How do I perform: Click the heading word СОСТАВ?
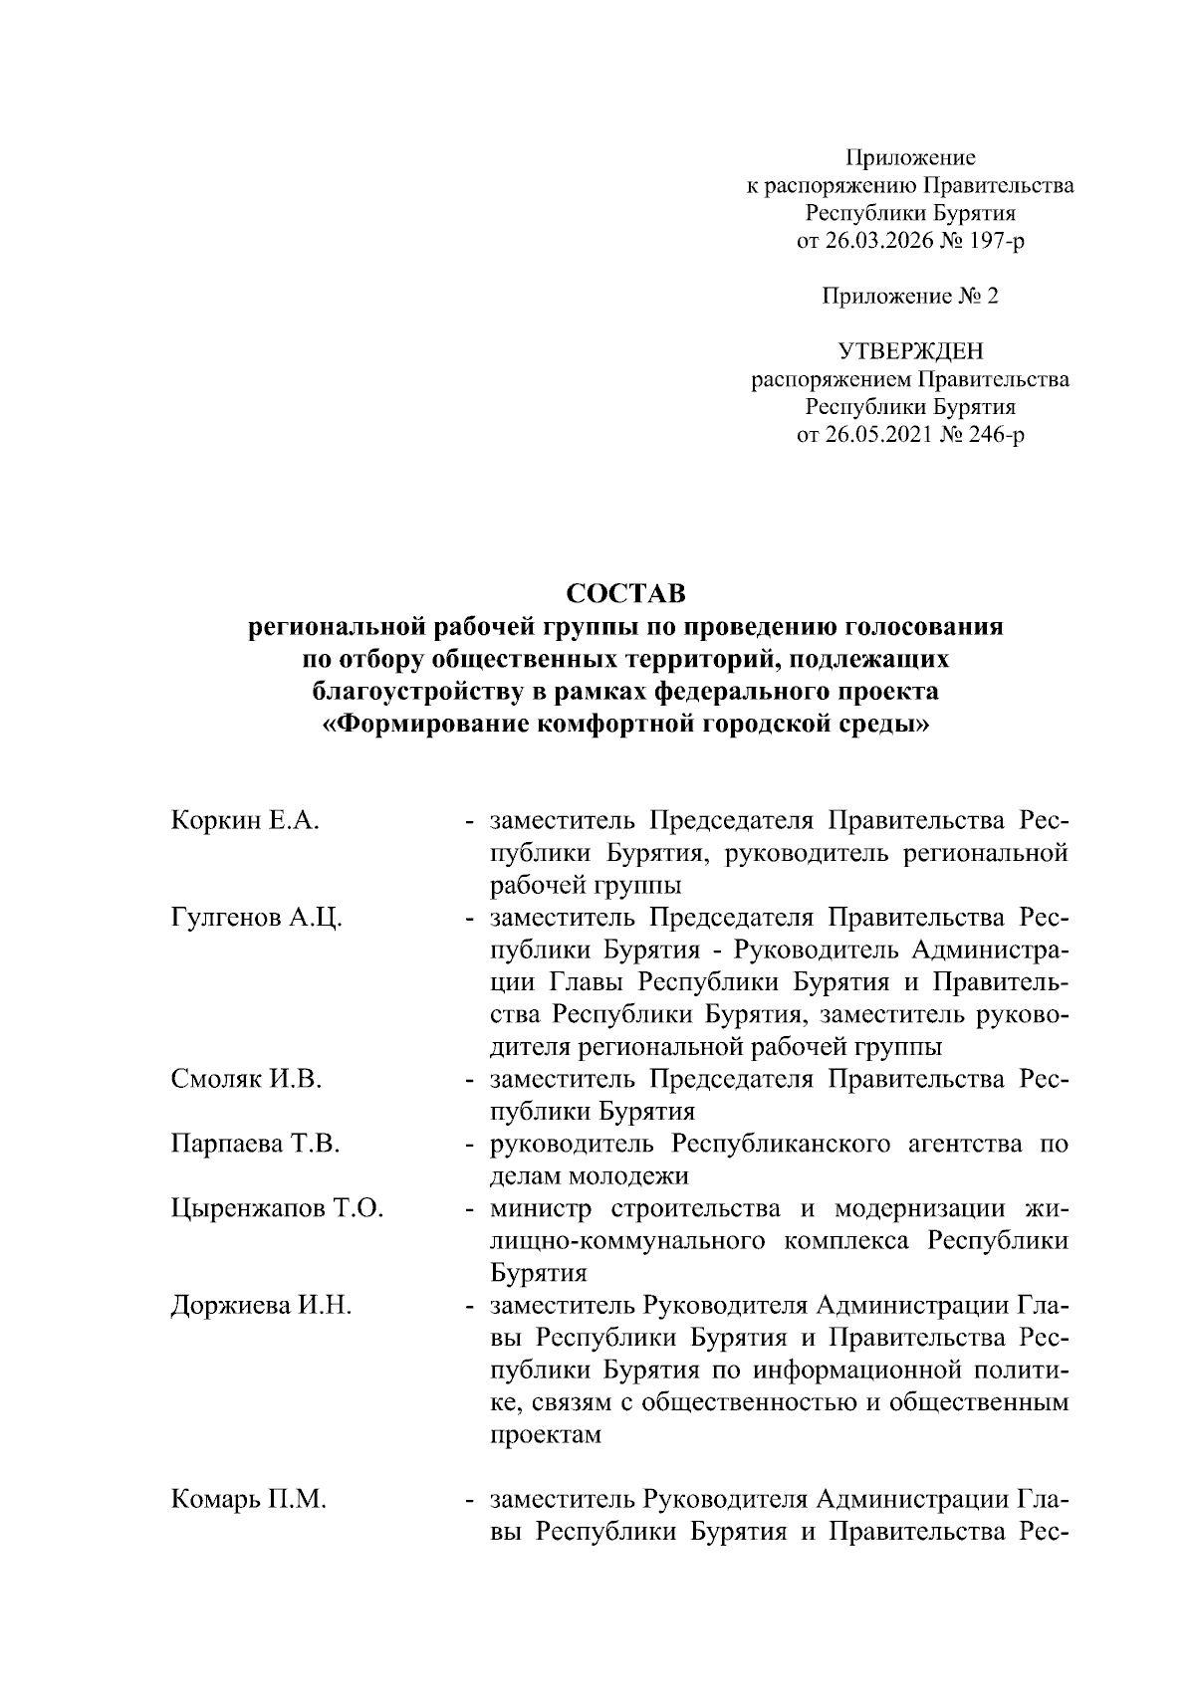pos(625,594)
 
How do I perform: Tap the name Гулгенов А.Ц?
pos(257,918)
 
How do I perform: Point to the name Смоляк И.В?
pos(245,1080)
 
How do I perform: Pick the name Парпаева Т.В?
pos(255,1145)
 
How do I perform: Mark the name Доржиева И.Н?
pos(261,1306)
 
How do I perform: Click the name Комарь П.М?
pos(248,1500)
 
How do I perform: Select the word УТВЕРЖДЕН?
pos(909,351)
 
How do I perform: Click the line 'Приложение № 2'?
pos(909,297)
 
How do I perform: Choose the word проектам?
pos(546,1435)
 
